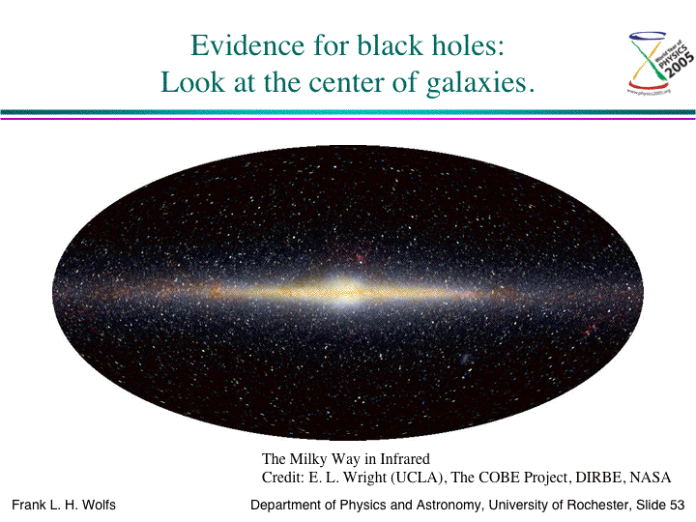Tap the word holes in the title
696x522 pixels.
tap(468, 45)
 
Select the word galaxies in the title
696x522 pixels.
tap(480, 83)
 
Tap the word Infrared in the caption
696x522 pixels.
tap(405, 458)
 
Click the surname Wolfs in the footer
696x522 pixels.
tap(99, 506)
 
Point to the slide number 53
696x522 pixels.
tap(678, 506)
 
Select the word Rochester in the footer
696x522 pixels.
tap(598, 506)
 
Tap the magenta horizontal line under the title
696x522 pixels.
tap(348, 118)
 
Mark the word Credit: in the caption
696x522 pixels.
tap(282, 478)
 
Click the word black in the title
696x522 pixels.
tap(391, 45)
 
